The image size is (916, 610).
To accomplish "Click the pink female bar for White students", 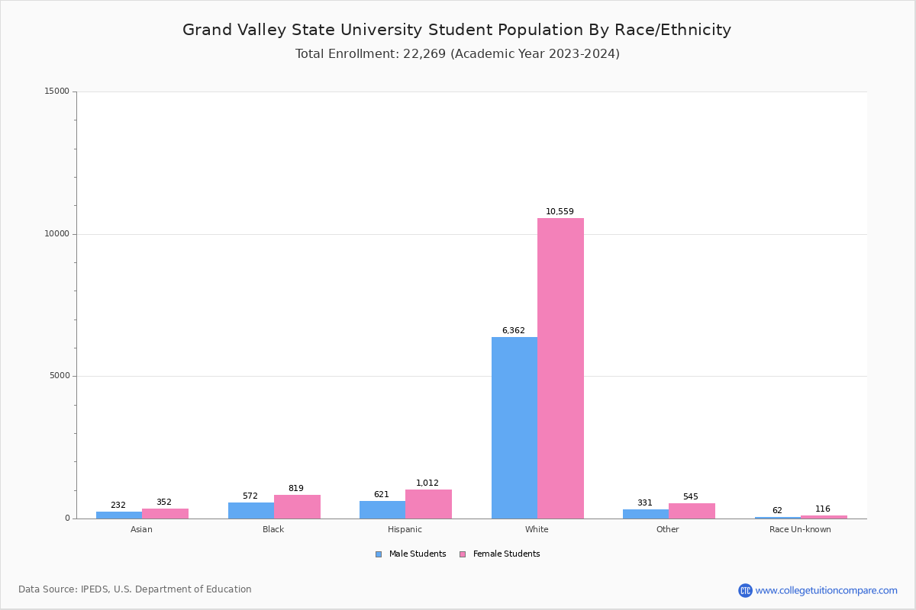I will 560,368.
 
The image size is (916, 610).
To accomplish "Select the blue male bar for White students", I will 514,428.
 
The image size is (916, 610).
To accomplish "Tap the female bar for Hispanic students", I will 428,504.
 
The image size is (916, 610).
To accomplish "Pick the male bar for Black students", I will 251,510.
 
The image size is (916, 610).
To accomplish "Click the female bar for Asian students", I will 165,513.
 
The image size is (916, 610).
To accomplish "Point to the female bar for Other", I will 692,511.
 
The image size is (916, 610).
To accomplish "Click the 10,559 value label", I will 560,212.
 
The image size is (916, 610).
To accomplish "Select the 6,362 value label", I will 513,331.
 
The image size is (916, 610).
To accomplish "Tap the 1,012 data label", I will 427,483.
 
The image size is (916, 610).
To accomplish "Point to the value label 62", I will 777,511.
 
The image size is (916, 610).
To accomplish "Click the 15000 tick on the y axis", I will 57,91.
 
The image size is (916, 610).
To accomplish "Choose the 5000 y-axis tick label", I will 60,376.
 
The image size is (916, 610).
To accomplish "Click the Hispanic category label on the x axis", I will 405,529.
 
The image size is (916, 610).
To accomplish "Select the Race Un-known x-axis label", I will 800,529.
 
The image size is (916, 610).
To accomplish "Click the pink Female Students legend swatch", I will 463,554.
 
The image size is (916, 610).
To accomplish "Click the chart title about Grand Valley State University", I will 456,30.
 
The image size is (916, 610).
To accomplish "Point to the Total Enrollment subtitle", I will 457,54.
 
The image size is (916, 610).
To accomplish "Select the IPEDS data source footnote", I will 135,589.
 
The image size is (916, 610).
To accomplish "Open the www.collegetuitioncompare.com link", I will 826,590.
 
